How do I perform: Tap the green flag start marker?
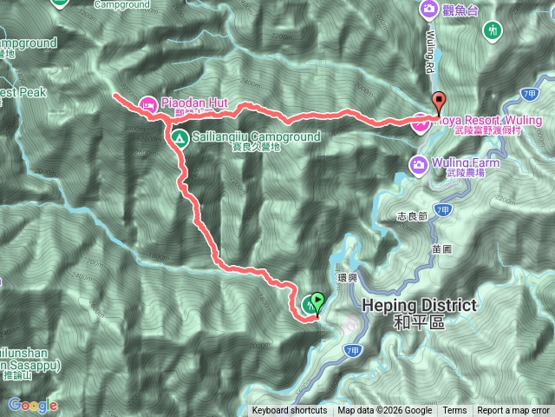coord(317,301)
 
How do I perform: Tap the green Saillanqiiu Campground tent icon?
coord(178,137)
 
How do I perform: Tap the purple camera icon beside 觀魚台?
coord(428,9)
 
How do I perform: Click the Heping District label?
coord(419,306)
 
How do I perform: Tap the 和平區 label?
coord(418,322)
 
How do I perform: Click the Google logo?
coord(32,405)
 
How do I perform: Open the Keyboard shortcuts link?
coord(290,411)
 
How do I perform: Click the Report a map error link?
coord(513,411)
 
